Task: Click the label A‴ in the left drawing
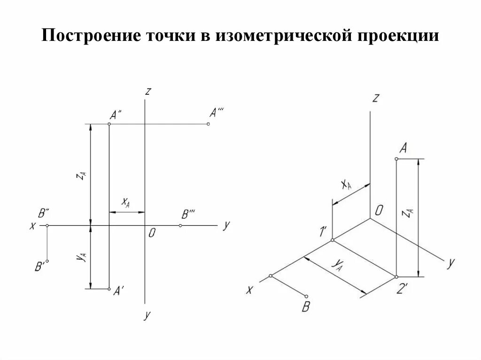click(217, 113)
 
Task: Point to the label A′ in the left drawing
click(118, 291)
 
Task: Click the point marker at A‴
click(208, 124)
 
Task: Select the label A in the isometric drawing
click(403, 148)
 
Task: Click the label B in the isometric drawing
click(306, 307)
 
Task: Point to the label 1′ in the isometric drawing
click(323, 231)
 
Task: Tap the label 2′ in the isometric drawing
click(402, 290)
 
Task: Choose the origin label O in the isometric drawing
click(379, 211)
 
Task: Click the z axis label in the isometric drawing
click(375, 98)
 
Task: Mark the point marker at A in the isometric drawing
click(396, 160)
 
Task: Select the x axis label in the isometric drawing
click(249, 291)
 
